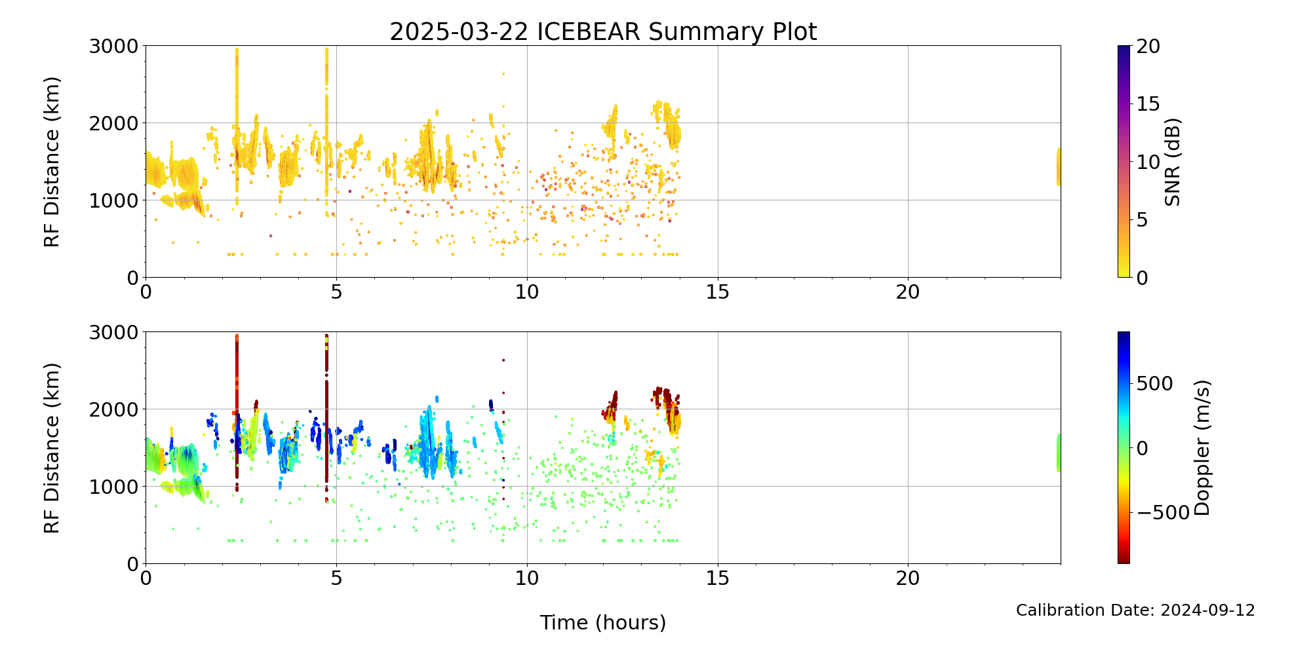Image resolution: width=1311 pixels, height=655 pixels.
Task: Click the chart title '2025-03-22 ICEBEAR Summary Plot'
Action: [x=603, y=31]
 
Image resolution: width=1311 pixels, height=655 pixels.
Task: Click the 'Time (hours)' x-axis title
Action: [x=603, y=622]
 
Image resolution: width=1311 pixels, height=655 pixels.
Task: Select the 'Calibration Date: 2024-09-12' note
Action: [x=1135, y=610]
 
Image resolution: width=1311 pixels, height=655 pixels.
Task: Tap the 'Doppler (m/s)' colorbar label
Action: [x=1202, y=448]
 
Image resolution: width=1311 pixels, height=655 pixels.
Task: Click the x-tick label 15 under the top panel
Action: [x=718, y=292]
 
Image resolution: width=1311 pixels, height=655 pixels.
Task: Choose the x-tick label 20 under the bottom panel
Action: [x=908, y=578]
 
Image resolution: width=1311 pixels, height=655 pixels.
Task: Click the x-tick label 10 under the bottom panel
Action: [x=527, y=578]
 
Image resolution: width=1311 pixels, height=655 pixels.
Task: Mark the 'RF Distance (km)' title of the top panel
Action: [x=52, y=162]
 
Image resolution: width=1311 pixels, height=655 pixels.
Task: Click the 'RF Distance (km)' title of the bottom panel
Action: [x=52, y=448]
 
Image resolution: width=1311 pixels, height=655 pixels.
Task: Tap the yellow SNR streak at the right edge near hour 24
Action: [x=1058, y=167]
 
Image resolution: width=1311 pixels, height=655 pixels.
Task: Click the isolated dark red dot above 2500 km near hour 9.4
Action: [x=503, y=360]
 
